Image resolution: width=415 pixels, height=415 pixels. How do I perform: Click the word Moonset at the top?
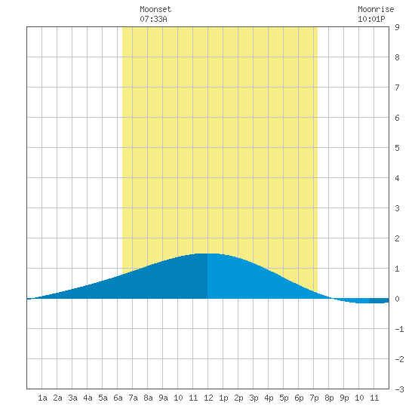pyautogui.click(x=155, y=9)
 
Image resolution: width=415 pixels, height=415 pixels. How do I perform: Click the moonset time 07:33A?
pyautogui.click(x=153, y=19)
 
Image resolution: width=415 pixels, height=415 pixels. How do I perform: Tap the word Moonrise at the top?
pyautogui.click(x=376, y=9)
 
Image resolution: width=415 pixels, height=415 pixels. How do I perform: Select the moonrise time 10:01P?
pyautogui.click(x=371, y=19)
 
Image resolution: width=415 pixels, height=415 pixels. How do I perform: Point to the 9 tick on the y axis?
pyautogui.click(x=397, y=27)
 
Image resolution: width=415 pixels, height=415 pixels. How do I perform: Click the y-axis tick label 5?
pyautogui.click(x=397, y=148)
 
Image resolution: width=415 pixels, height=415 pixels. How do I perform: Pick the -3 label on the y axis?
pyautogui.click(x=399, y=389)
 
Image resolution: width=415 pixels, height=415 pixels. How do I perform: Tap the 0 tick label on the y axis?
pyautogui.click(x=397, y=299)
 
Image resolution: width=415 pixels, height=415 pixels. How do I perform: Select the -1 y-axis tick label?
pyautogui.click(x=399, y=329)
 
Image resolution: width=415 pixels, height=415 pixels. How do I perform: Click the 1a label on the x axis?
pyautogui.click(x=42, y=398)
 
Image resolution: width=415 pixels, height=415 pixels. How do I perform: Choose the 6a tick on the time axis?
pyautogui.click(x=118, y=398)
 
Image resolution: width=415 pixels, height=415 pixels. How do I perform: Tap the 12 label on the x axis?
pyautogui.click(x=208, y=398)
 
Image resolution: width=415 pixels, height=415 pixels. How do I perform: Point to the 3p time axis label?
pyautogui.click(x=254, y=398)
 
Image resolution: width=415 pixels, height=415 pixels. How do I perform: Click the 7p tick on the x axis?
pyautogui.click(x=314, y=398)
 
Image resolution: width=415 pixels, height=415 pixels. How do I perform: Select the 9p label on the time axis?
pyautogui.click(x=344, y=398)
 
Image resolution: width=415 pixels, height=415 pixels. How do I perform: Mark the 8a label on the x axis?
pyautogui.click(x=148, y=398)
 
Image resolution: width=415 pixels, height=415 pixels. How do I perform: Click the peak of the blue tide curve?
pyautogui.click(x=209, y=254)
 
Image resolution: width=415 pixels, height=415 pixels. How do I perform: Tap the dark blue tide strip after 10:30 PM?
pyautogui.click(x=380, y=300)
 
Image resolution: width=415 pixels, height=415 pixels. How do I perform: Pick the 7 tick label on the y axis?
pyautogui.click(x=397, y=88)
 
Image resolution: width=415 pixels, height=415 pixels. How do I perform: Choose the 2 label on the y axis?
pyautogui.click(x=397, y=238)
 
